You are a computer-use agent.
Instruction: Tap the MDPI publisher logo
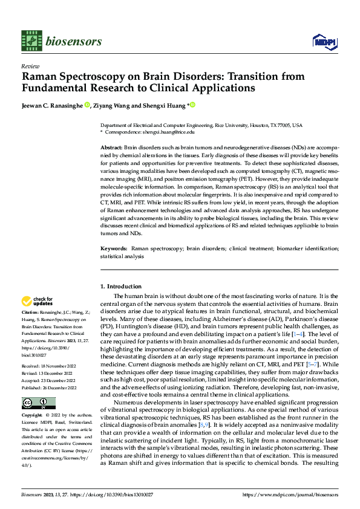[x=322, y=41]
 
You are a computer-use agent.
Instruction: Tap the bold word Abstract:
[x=111, y=148]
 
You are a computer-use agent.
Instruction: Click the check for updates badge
[x=38, y=300]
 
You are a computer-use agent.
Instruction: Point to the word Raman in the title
[x=42, y=77]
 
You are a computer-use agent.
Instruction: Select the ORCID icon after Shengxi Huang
[x=192, y=105]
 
